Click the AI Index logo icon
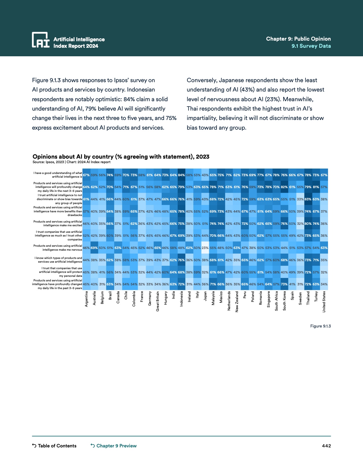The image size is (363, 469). (x=41, y=40)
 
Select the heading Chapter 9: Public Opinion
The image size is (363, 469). (x=298, y=39)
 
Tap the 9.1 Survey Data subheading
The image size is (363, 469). (x=311, y=46)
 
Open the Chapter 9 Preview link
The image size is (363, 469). (x=114, y=446)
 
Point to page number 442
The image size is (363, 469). (x=326, y=446)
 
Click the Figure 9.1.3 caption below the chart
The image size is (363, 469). (x=320, y=326)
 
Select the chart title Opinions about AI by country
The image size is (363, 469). (x=121, y=157)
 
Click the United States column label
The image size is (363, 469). (x=324, y=302)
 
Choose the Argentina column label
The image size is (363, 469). (x=86, y=298)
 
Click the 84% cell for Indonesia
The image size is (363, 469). (x=181, y=175)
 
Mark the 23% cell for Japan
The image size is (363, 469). (x=205, y=248)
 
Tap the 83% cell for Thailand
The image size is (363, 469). (x=308, y=199)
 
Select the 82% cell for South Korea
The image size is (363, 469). (x=284, y=187)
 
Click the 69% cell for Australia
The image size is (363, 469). (x=94, y=248)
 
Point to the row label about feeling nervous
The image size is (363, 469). (x=58, y=248)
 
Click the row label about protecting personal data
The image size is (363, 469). (x=61, y=272)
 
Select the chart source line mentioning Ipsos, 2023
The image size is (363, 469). (x=71, y=162)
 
